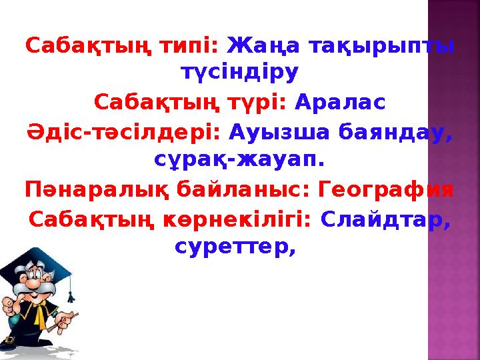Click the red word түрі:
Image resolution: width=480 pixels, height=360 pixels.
click(257, 103)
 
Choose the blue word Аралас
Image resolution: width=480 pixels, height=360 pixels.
click(339, 103)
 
